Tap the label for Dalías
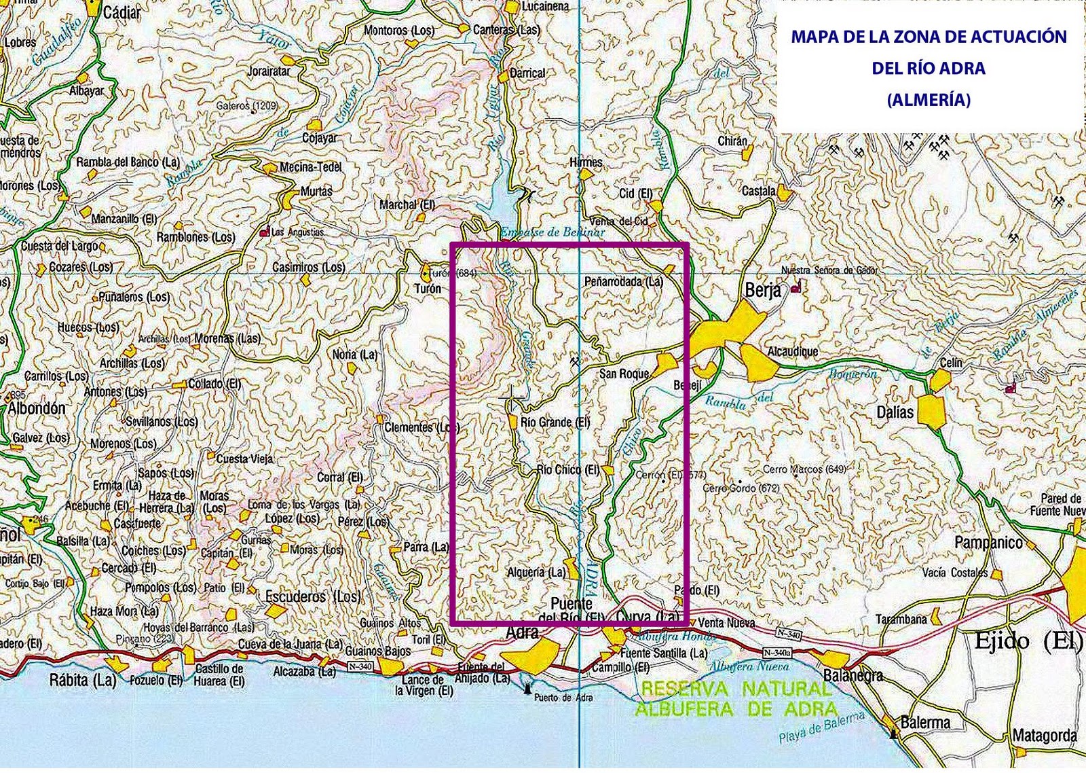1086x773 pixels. pyautogui.click(x=895, y=412)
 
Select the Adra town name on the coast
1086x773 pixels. pyautogui.click(x=523, y=632)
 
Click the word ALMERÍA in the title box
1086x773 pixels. pyautogui.click(x=929, y=100)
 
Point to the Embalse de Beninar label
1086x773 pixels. pyautogui.click(x=553, y=232)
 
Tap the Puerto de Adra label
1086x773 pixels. pyautogui.click(x=563, y=698)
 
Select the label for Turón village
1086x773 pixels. pyautogui.click(x=428, y=289)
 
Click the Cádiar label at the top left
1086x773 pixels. pyautogui.click(x=122, y=12)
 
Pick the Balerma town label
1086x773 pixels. pyautogui.click(x=924, y=722)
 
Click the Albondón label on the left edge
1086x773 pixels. pyautogui.click(x=37, y=408)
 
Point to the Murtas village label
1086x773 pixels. pyautogui.click(x=316, y=192)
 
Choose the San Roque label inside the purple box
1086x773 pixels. pyautogui.click(x=624, y=374)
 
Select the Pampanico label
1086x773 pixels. pyautogui.click(x=988, y=542)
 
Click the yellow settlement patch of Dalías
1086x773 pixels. pyautogui.click(x=931, y=411)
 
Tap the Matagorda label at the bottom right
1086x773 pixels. pyautogui.click(x=1044, y=735)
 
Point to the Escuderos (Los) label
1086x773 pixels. pyautogui.click(x=313, y=596)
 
